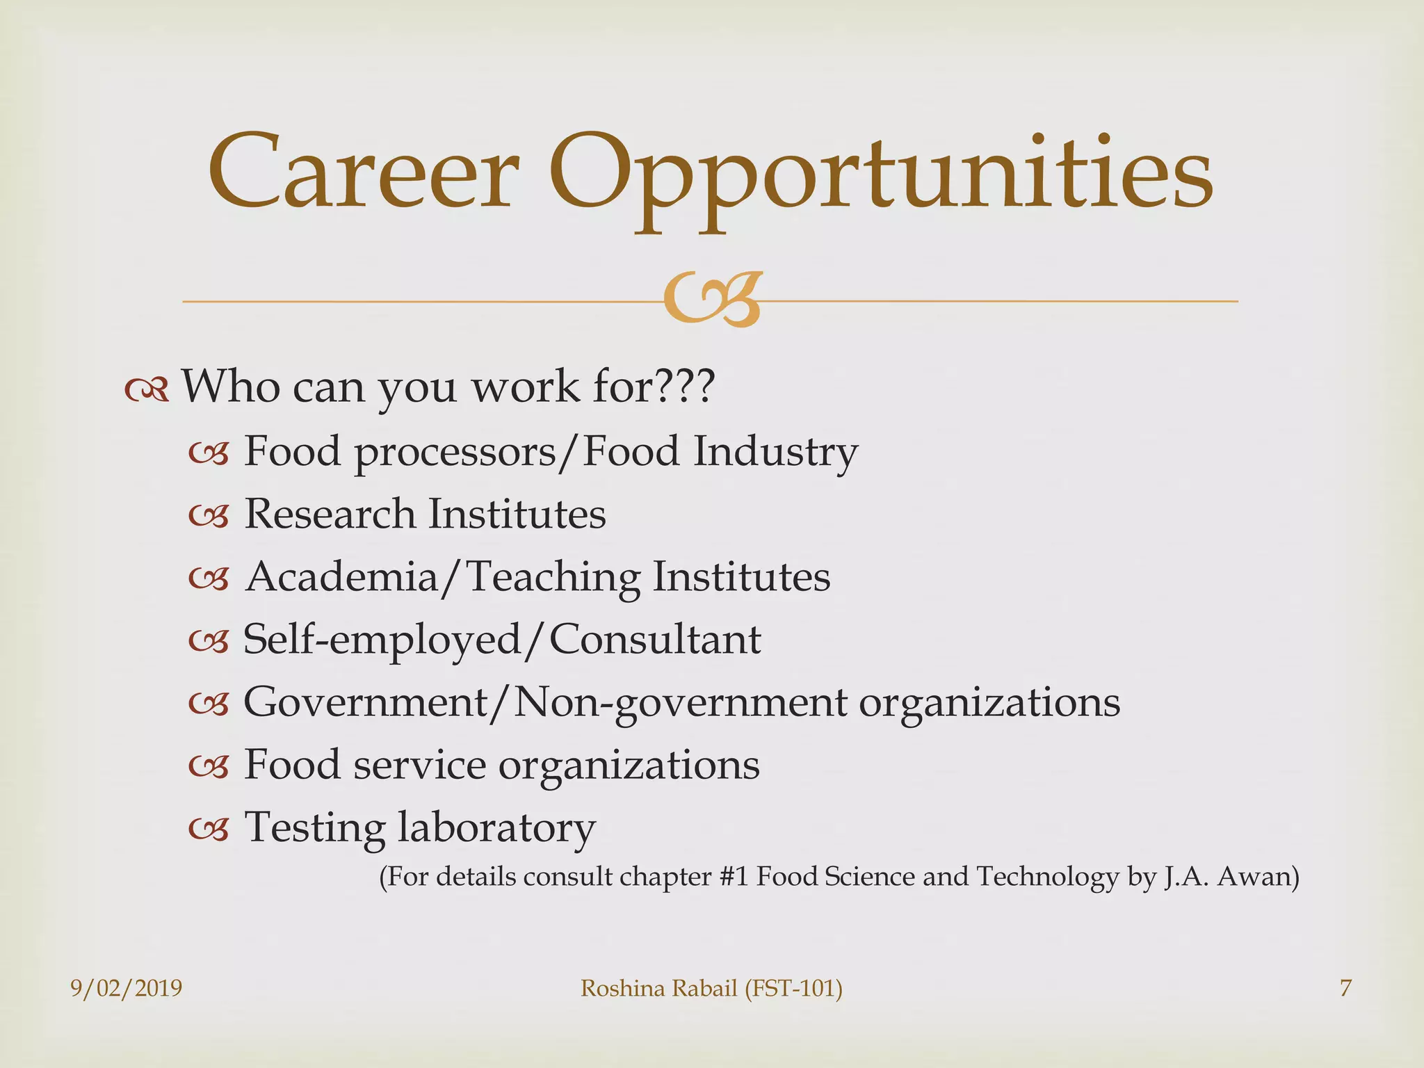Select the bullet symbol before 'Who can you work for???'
click(147, 391)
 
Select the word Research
click(330, 515)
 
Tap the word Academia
click(341, 577)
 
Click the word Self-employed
click(382, 640)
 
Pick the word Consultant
click(655, 640)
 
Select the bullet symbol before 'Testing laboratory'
click(209, 829)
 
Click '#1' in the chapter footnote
click(733, 877)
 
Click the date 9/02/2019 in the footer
click(126, 988)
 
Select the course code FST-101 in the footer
click(794, 988)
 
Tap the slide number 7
click(1346, 988)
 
